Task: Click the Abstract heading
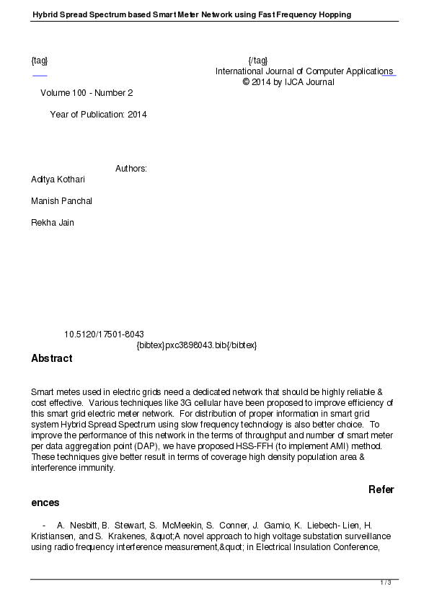(51, 358)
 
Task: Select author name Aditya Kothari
(58, 180)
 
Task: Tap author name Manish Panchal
(61, 201)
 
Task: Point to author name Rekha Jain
(52, 223)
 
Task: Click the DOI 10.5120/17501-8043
(104, 334)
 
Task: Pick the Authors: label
(131, 169)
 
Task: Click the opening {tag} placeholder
(40, 61)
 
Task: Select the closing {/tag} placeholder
(257, 61)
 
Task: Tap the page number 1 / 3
(386, 582)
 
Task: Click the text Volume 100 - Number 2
(87, 93)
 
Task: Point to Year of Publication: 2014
(98, 115)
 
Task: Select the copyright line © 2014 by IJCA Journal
(288, 82)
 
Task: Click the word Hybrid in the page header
(46, 14)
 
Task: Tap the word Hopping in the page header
(335, 14)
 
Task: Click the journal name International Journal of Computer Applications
(304, 71)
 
